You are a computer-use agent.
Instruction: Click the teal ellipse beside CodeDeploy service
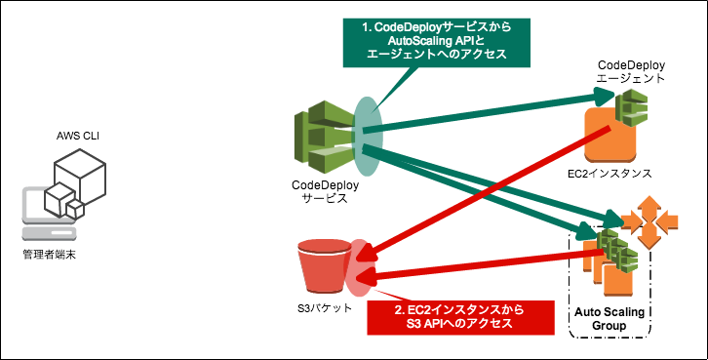point(369,126)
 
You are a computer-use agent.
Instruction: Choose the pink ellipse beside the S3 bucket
point(359,267)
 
